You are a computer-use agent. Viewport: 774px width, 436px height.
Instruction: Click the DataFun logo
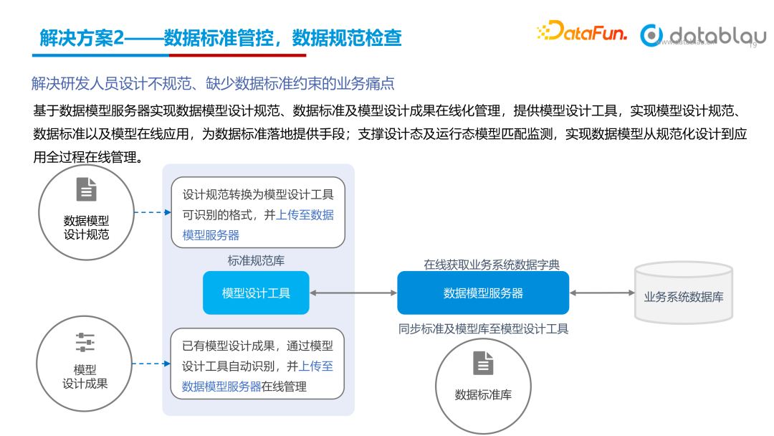(581, 32)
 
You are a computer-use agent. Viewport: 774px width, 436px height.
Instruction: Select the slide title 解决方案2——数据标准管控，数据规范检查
(221, 38)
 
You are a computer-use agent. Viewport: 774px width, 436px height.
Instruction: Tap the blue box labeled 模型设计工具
(256, 293)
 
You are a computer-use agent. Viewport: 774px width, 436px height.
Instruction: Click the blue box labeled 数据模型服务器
(483, 293)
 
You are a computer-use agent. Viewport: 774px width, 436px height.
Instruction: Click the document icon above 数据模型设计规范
(86, 190)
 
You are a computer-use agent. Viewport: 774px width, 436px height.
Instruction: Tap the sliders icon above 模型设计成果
(85, 343)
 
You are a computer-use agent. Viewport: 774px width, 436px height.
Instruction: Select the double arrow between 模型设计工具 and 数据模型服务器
(353, 293)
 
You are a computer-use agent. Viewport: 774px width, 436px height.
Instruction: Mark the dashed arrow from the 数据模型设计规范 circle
(153, 212)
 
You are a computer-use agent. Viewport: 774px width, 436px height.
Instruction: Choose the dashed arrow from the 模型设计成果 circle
(151, 364)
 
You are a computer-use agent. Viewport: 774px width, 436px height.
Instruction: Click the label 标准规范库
(256, 261)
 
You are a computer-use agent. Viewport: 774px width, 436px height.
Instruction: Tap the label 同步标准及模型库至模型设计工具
(483, 329)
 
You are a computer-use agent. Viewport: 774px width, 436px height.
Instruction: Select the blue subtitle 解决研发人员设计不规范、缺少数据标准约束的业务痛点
(213, 83)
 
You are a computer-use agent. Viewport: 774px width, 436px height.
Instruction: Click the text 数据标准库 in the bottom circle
(483, 394)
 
